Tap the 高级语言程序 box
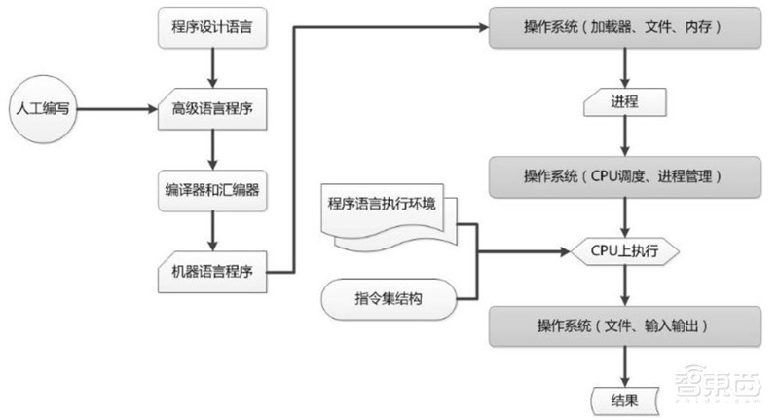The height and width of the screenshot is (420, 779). pyautogui.click(x=210, y=110)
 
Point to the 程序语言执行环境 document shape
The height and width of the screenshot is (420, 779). pyautogui.click(x=386, y=209)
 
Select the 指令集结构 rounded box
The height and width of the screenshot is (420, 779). pyautogui.click(x=388, y=297)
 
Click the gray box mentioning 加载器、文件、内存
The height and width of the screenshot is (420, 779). pyautogui.click(x=623, y=29)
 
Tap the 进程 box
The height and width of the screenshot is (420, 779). pyautogui.click(x=623, y=101)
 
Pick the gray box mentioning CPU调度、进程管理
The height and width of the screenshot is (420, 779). pyautogui.click(x=623, y=176)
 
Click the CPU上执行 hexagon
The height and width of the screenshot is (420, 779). pyautogui.click(x=624, y=250)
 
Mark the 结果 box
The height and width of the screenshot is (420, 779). pyautogui.click(x=623, y=398)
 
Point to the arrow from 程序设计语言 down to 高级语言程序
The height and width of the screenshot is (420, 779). pyautogui.click(x=210, y=68)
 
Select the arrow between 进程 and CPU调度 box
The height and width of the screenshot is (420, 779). pyautogui.click(x=623, y=137)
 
